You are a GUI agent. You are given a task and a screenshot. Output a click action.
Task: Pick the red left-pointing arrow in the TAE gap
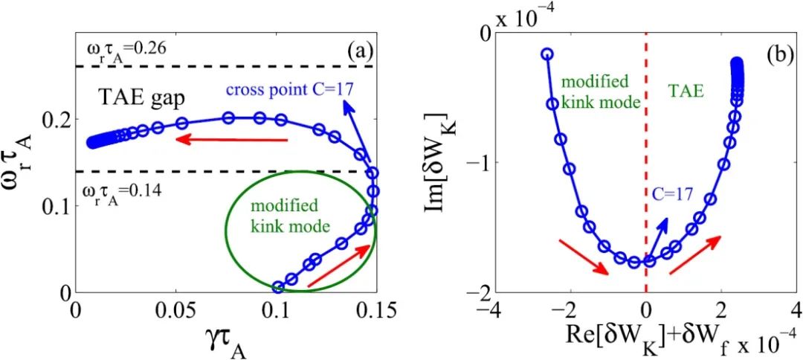coord(231,139)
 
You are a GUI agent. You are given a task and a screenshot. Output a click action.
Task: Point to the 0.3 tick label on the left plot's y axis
coord(59,33)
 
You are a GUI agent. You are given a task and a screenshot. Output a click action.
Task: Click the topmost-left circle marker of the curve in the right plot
coord(546,54)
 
